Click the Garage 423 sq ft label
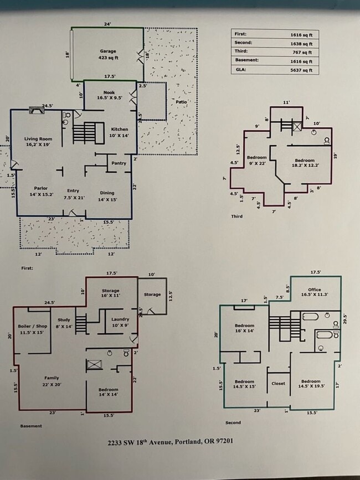coord(108,54)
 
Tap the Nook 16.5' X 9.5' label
coord(109,96)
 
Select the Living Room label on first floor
coord(38,141)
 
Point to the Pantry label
coord(119,163)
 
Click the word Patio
coord(181,102)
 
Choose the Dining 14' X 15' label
coord(107,195)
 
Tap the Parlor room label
coord(40,191)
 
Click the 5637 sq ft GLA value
coord(301,70)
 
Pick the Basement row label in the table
coord(245,60)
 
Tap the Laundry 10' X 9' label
coord(120,322)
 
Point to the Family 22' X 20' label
coord(52,381)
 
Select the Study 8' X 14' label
coord(63,322)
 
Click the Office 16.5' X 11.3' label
coord(315,292)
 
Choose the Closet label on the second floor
coord(278,384)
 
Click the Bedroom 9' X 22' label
coord(256,161)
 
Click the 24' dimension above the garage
coord(107,24)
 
